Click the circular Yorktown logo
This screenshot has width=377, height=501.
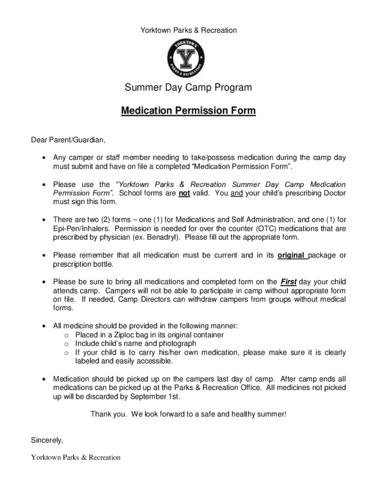(188, 58)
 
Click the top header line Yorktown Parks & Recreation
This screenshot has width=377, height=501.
(188, 30)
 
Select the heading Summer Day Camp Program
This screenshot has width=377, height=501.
(188, 88)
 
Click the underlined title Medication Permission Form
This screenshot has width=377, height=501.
(188, 111)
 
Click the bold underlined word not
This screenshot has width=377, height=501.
(184, 193)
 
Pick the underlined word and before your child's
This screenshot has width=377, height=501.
(236, 193)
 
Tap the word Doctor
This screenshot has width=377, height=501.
(333, 193)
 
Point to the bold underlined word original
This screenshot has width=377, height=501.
(292, 255)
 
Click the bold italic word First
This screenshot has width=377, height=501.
(288, 282)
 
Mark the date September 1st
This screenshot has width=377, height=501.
(157, 396)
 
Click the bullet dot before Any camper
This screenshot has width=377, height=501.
(44, 158)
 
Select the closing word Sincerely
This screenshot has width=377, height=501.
(47, 440)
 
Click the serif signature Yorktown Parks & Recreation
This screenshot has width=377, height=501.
(76, 457)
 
